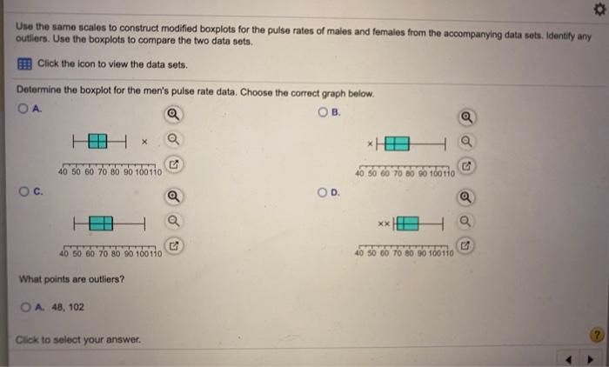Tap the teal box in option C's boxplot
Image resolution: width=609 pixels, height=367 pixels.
click(x=100, y=224)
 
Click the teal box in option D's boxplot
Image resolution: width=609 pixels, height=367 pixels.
click(x=408, y=224)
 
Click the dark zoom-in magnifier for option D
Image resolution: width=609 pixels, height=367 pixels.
click(x=467, y=197)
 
